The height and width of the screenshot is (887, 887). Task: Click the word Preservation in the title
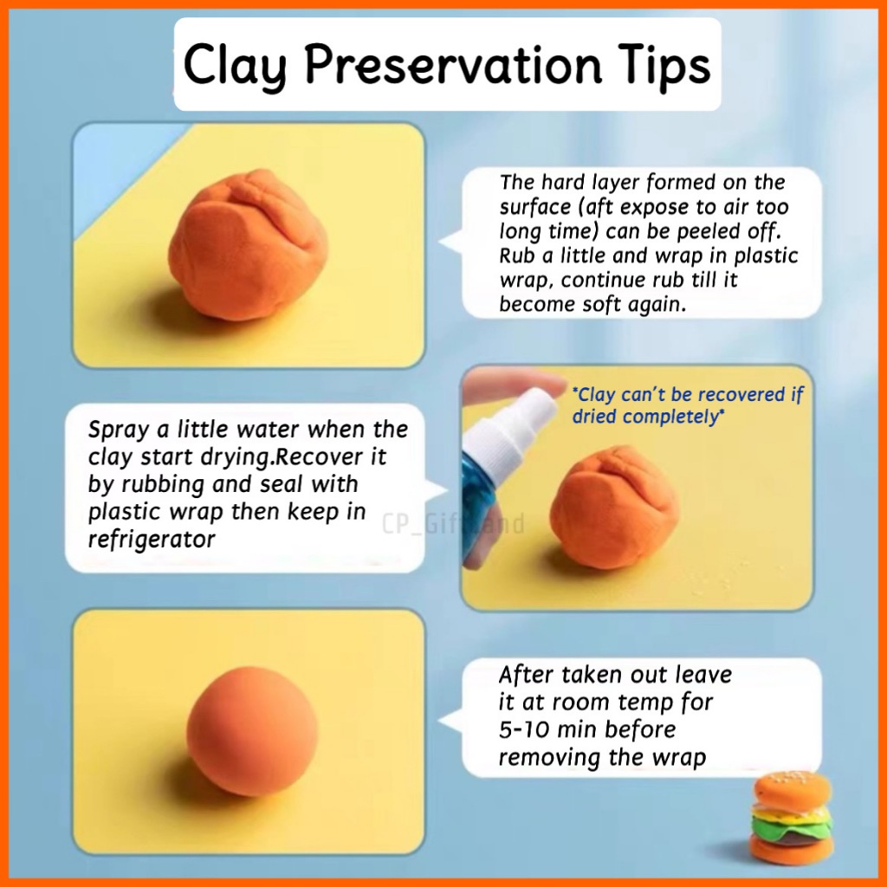click(454, 64)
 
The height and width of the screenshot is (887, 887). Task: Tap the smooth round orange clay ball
click(253, 731)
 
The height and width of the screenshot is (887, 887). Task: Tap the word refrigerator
click(152, 539)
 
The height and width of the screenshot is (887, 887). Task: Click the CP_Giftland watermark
click(452, 523)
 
